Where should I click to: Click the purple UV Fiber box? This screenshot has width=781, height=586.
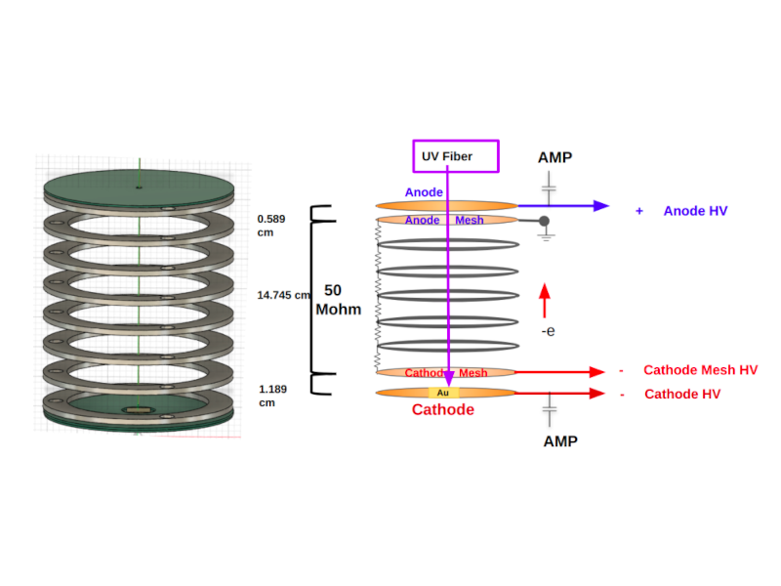click(456, 156)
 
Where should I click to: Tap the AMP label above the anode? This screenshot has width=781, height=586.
click(555, 157)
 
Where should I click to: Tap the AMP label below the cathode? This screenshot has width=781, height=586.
click(559, 441)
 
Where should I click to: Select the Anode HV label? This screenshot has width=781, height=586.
click(695, 211)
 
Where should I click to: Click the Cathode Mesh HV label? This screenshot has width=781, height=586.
click(700, 370)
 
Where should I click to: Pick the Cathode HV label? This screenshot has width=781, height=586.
click(682, 394)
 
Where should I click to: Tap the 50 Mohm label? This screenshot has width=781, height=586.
click(337, 300)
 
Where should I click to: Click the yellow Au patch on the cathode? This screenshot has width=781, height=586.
click(442, 393)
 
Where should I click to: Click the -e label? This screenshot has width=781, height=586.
click(549, 332)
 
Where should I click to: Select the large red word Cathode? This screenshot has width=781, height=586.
click(442, 410)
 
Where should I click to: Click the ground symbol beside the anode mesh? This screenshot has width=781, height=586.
click(545, 237)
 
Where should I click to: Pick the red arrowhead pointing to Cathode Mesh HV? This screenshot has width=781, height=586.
click(595, 371)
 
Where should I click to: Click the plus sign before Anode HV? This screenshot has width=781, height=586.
click(638, 211)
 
